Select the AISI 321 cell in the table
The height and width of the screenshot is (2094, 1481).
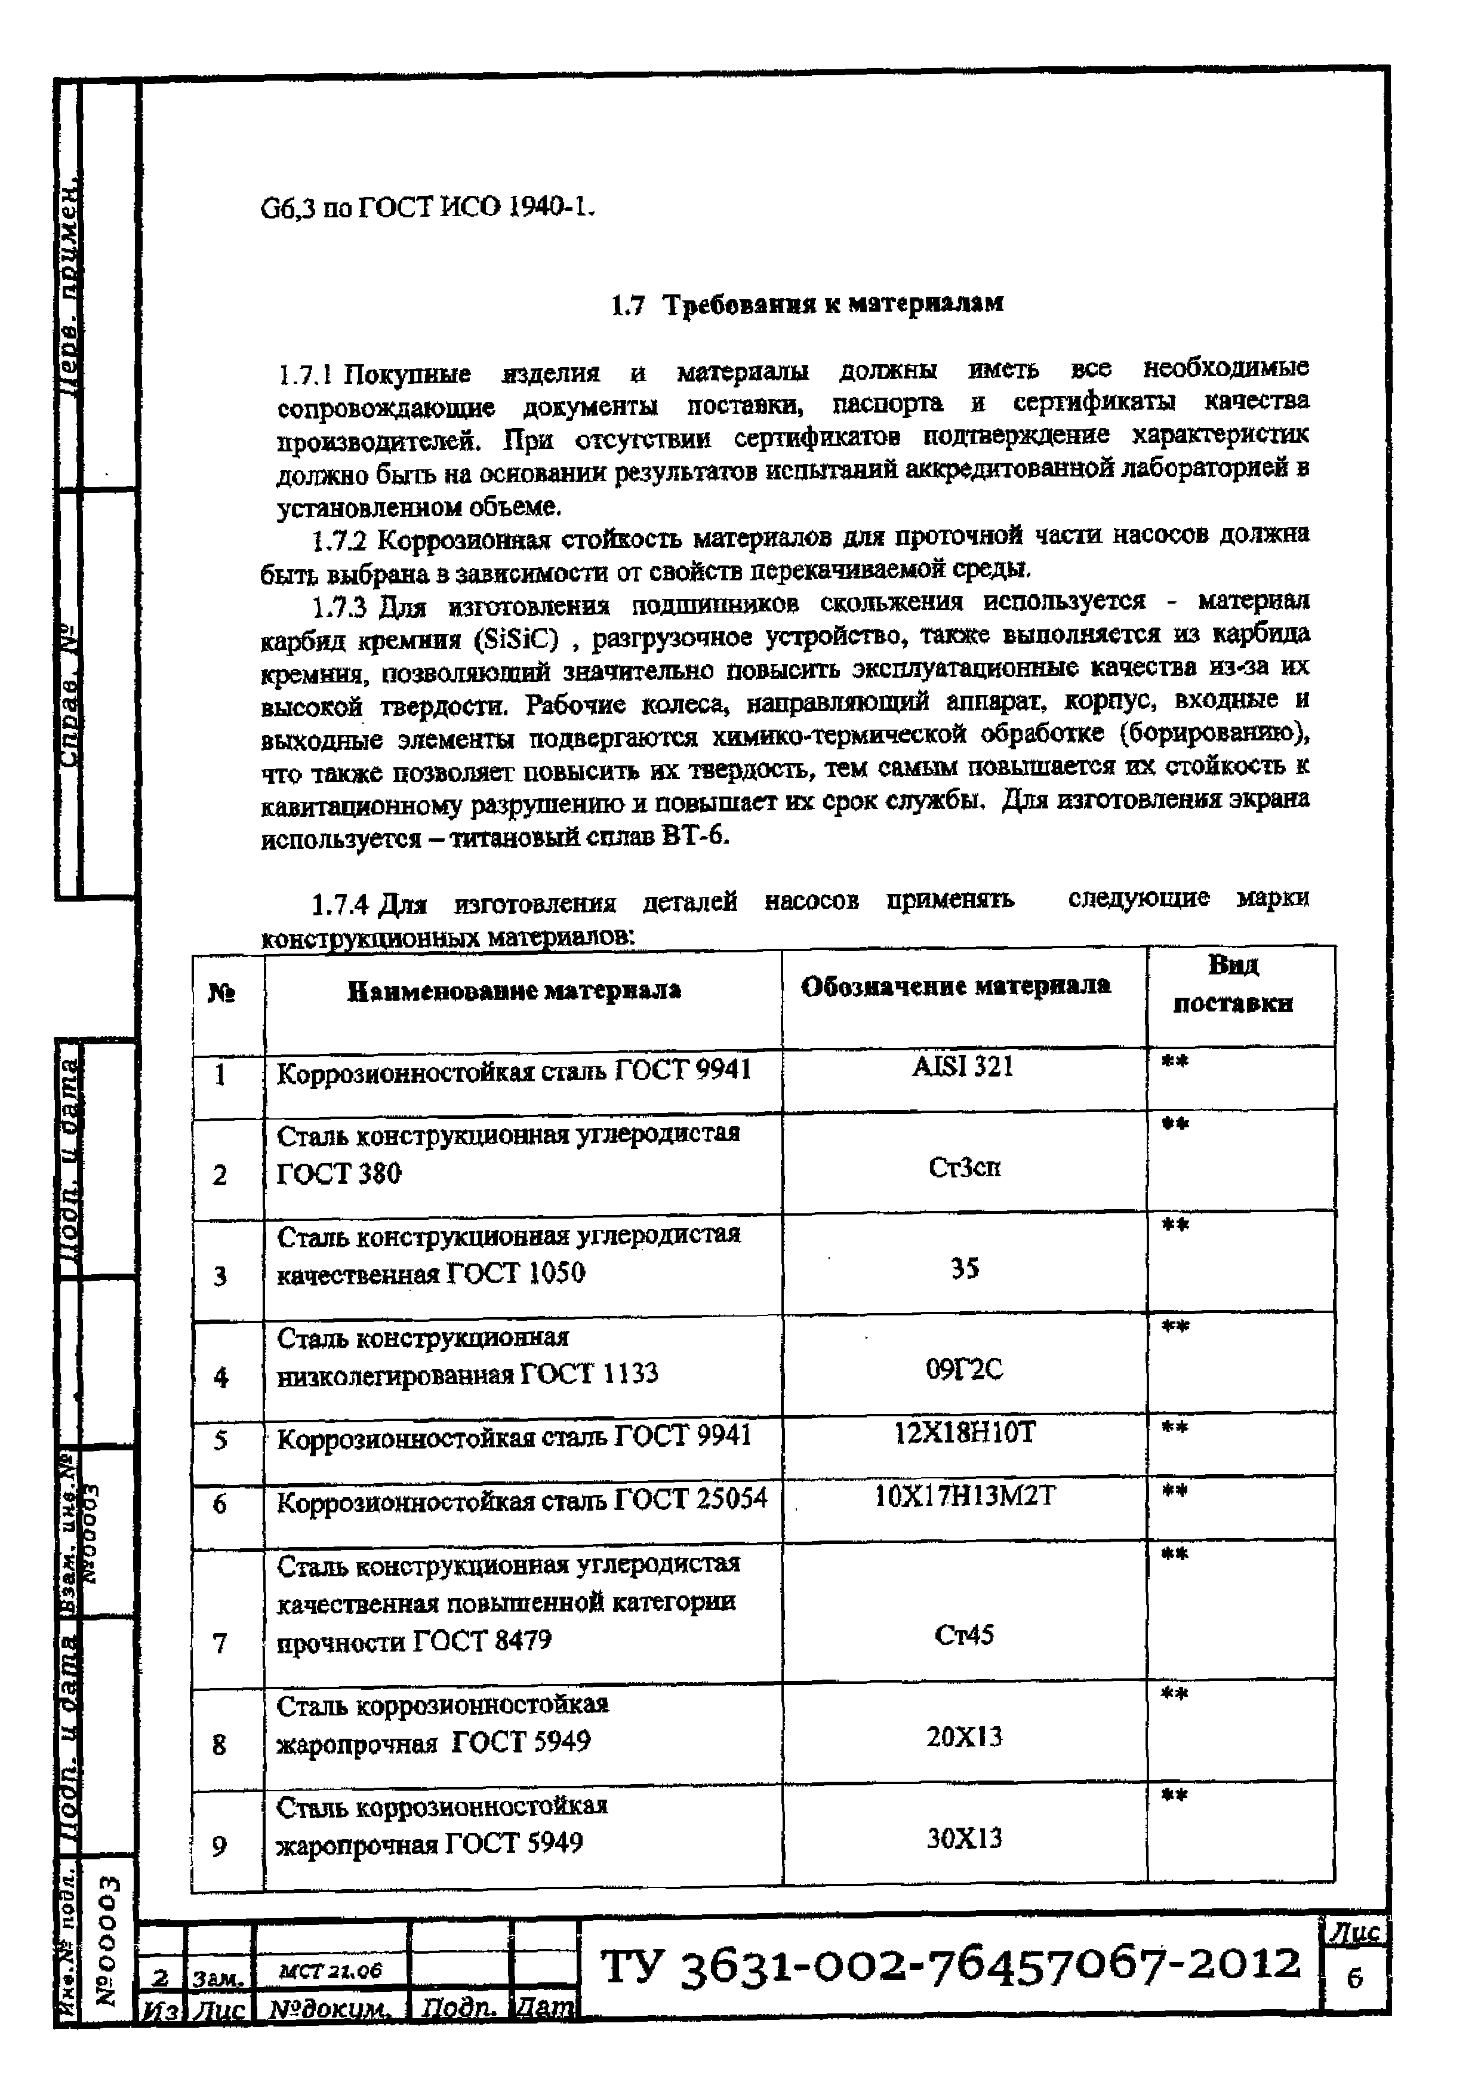(963, 1066)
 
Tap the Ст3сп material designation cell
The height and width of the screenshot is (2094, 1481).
(964, 1167)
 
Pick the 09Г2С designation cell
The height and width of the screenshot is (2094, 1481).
(964, 1370)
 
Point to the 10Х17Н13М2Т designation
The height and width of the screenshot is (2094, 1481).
(964, 1497)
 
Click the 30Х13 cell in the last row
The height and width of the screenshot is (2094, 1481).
(964, 1838)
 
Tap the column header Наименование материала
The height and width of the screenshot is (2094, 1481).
(515, 991)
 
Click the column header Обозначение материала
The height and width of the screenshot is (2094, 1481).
(955, 986)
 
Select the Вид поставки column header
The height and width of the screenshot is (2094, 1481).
(1232, 985)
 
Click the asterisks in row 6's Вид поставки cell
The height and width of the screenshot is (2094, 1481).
(1175, 1491)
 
